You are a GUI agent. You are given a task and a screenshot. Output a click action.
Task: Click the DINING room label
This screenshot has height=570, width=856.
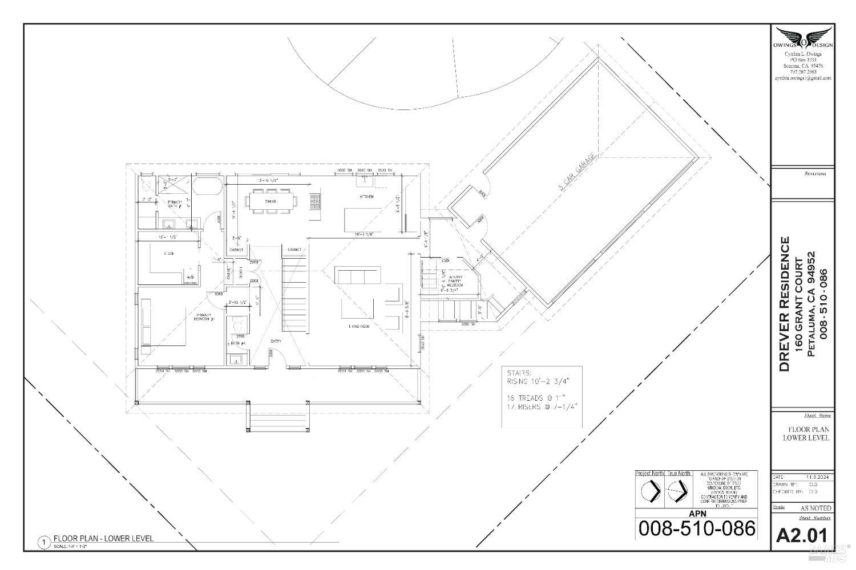pos(270,201)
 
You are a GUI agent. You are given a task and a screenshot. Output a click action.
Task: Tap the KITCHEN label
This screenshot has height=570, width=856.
pos(366,197)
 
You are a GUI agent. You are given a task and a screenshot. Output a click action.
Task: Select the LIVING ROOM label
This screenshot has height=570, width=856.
pos(360,327)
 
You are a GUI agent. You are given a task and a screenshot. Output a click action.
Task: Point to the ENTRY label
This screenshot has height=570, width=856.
pos(276,341)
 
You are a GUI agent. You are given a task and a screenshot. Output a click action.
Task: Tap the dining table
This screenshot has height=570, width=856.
pos(272,201)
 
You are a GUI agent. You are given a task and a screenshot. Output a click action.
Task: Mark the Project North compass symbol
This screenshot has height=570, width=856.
pos(650,490)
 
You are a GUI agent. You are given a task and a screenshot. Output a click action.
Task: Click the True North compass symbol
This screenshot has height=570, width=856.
pos(678,490)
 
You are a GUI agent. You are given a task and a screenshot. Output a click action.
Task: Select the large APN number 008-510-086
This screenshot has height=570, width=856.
pos(696,528)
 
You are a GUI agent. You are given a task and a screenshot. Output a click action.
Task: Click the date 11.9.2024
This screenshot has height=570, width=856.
pos(813,477)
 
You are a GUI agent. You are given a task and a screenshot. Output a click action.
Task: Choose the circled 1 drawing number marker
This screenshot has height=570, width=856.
pos(43,542)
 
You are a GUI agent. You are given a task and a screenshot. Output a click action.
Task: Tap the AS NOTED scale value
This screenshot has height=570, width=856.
pos(815,508)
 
